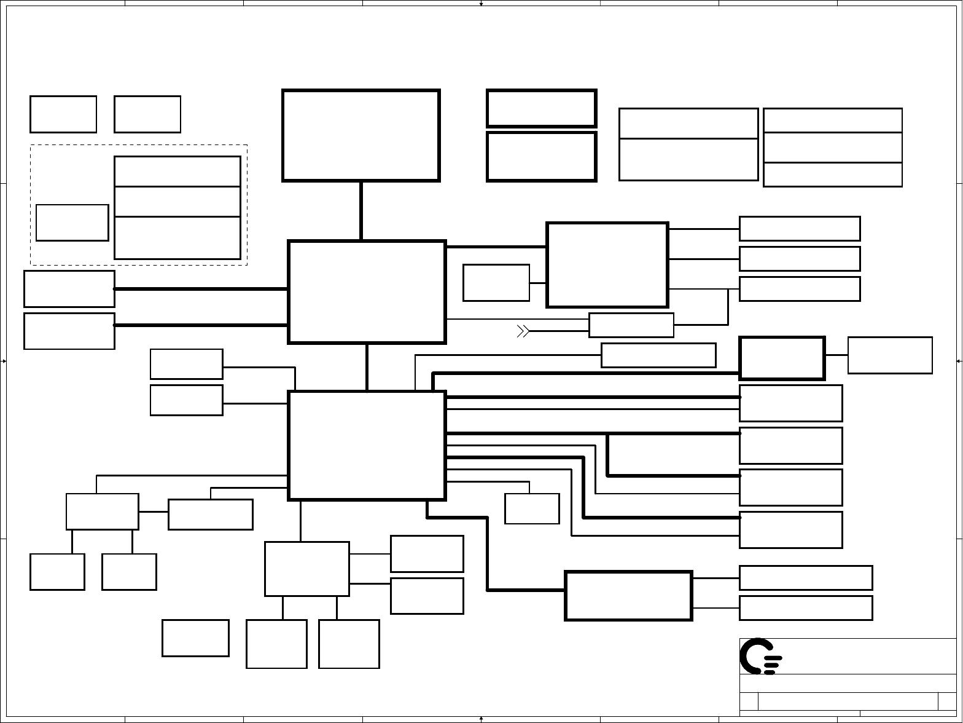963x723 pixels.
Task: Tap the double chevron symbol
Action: tap(523, 331)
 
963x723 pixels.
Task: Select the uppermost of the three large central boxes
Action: tap(361, 135)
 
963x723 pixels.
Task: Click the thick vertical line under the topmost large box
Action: tap(361, 211)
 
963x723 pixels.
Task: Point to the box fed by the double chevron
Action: tap(631, 325)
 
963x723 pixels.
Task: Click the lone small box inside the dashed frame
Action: tap(72, 223)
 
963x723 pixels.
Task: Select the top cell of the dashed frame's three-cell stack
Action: tap(177, 171)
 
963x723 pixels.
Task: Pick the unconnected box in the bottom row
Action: tap(195, 638)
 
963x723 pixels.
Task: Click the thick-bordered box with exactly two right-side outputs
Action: tap(628, 596)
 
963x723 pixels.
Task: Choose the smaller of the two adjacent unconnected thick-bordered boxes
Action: tap(541, 108)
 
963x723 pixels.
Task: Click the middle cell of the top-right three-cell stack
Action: tap(832, 148)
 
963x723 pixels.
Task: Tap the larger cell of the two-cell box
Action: tap(688, 160)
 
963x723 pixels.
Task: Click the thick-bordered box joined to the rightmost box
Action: tap(782, 358)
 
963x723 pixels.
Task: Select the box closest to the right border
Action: tap(890, 355)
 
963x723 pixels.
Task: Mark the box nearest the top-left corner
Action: tap(63, 114)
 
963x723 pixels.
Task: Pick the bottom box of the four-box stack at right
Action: tap(790, 529)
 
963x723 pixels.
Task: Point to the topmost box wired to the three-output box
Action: tap(799, 229)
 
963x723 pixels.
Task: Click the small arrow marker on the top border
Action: tap(481, 4)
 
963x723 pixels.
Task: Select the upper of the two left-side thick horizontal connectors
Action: tap(201, 288)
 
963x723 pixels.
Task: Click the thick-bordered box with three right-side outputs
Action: tap(607, 264)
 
